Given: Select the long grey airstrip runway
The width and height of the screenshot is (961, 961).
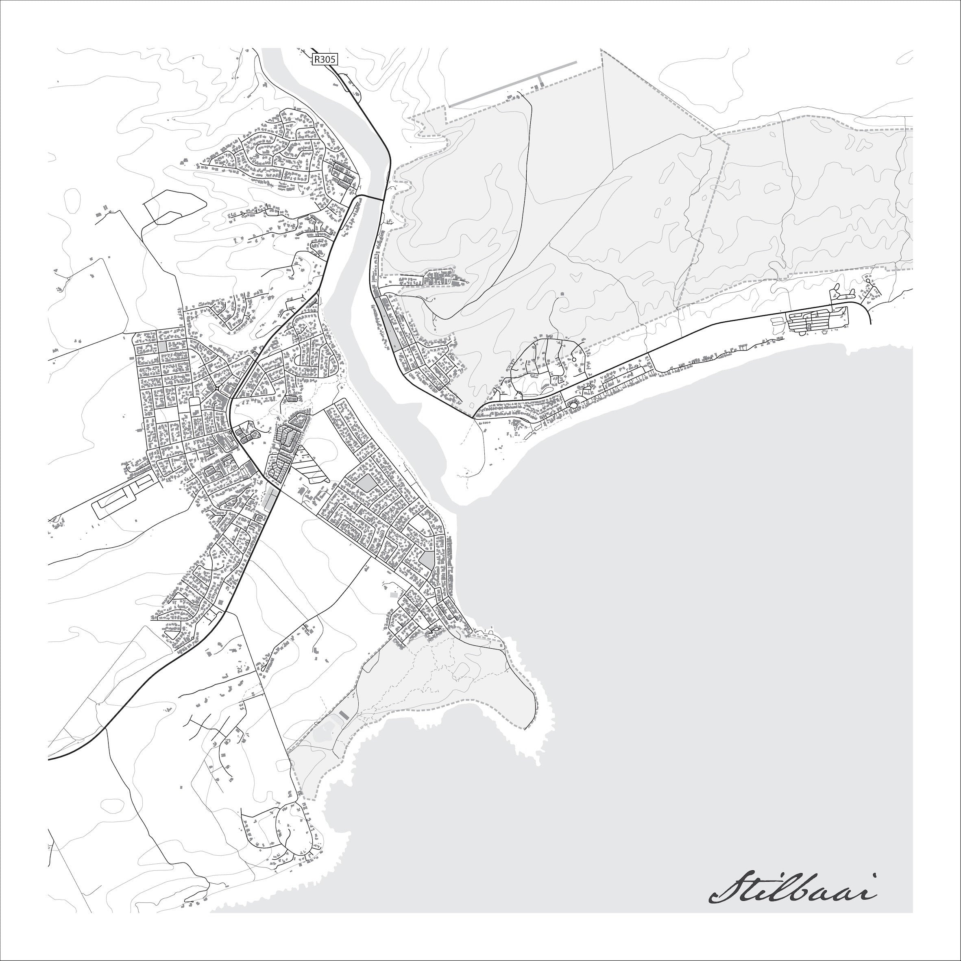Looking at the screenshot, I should [x=512, y=84].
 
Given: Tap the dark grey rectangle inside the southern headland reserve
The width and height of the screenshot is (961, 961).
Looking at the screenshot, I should [x=343, y=715].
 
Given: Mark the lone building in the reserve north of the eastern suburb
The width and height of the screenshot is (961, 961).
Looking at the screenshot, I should [x=562, y=294].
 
